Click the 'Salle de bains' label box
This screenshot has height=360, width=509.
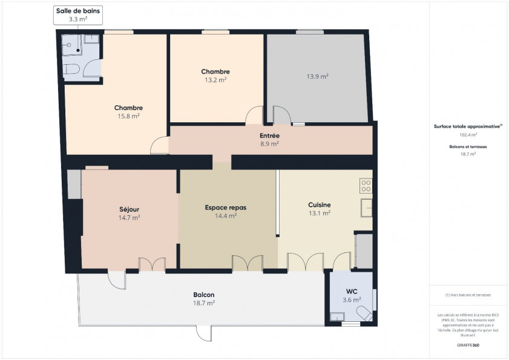pyautogui.click(x=79, y=15)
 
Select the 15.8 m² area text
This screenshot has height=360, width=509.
pyautogui.click(x=128, y=116)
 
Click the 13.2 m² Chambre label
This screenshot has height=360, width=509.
pyautogui.click(x=215, y=79)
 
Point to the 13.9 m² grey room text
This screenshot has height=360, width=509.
pyautogui.click(x=317, y=76)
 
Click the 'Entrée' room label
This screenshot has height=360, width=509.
pyautogui.click(x=269, y=136)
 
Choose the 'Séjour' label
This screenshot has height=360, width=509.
pyautogui.click(x=130, y=209)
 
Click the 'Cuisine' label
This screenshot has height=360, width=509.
pyautogui.click(x=319, y=205)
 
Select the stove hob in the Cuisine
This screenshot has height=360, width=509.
pyautogui.click(x=366, y=185)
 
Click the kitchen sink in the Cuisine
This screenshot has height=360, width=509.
pyautogui.click(x=366, y=207)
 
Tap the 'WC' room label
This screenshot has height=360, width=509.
pyautogui.click(x=352, y=291)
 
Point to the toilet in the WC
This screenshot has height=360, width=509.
pyautogui.click(x=364, y=313)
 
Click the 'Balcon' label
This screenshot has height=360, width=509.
pyautogui.click(x=203, y=295)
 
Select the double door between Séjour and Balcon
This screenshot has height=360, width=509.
pyautogui.click(x=152, y=264)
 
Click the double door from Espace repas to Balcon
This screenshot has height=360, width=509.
pyautogui.click(x=247, y=263)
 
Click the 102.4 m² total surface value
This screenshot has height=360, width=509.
pyautogui.click(x=468, y=135)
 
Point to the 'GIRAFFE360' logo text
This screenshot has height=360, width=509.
pyautogui.click(x=468, y=344)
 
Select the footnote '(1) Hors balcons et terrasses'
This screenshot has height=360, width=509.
pyautogui.click(x=468, y=295)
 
